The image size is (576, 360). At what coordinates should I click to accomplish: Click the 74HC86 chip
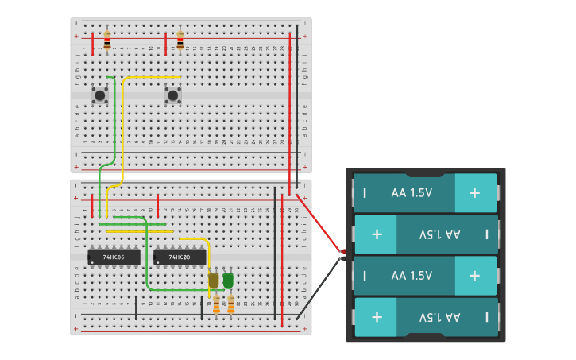(x=114, y=257)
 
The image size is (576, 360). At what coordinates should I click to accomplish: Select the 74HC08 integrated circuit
(x=180, y=257)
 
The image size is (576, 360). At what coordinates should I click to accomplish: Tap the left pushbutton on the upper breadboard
(x=100, y=95)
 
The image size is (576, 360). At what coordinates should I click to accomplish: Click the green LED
(x=228, y=280)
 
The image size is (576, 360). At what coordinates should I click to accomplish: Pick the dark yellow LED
(x=213, y=280)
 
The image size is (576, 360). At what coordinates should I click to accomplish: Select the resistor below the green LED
(x=231, y=304)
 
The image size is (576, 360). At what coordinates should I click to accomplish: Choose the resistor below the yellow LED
(x=216, y=304)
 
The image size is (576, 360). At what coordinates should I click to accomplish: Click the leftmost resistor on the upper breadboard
(x=107, y=41)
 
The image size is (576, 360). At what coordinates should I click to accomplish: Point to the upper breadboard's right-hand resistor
(x=180, y=41)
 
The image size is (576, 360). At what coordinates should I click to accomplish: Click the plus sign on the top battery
(x=474, y=193)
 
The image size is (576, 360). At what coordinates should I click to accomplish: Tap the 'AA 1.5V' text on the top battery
(x=412, y=193)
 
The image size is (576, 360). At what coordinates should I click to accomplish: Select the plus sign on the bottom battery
(x=377, y=317)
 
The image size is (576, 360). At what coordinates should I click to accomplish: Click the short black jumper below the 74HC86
(x=136, y=308)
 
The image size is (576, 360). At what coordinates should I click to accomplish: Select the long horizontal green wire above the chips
(x=131, y=224)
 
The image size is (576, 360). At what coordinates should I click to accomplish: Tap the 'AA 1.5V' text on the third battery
(x=412, y=276)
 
